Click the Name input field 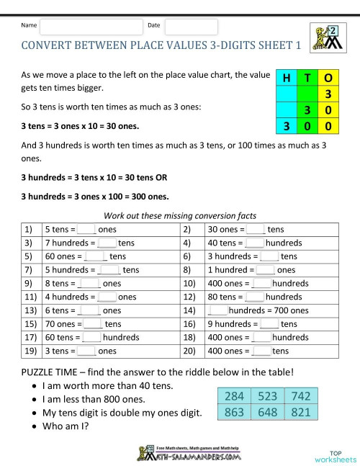tap(91, 27)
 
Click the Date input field tap(191, 27)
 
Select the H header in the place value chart tap(287, 79)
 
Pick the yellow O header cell tap(328, 79)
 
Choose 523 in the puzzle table tap(267, 397)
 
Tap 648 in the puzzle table tap(267, 413)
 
